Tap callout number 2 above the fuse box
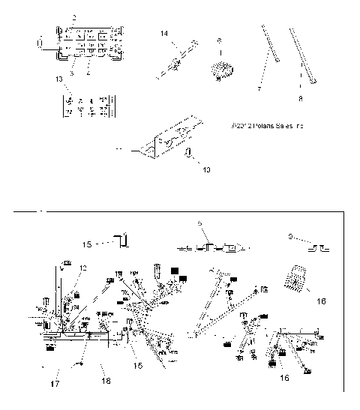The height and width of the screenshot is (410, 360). [73, 16]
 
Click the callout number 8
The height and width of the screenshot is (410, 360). [301, 97]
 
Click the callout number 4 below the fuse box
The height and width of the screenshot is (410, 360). [88, 73]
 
